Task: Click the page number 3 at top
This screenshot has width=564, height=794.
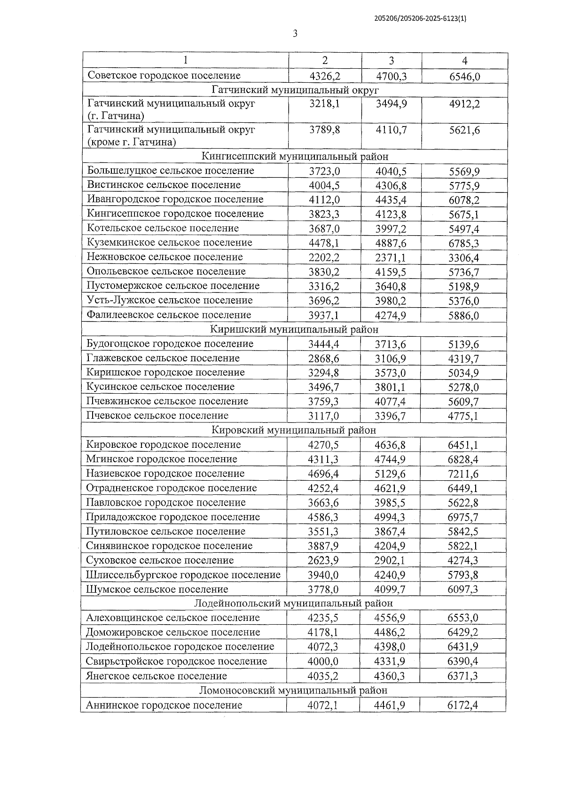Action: (x=295, y=33)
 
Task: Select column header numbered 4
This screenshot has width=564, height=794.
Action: (x=464, y=61)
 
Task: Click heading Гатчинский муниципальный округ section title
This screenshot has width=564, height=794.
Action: (x=295, y=90)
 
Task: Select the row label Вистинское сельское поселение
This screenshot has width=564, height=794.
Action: (x=164, y=185)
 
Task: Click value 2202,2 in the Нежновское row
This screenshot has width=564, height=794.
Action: (x=324, y=258)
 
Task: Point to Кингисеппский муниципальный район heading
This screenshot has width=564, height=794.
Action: (x=295, y=157)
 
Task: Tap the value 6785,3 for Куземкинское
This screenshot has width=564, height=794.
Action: (x=464, y=244)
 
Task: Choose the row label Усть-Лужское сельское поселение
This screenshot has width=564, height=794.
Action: (x=170, y=300)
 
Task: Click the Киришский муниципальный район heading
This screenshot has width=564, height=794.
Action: (x=294, y=330)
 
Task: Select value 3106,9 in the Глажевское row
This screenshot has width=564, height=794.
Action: (x=390, y=359)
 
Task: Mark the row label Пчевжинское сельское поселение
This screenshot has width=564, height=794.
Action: (x=167, y=401)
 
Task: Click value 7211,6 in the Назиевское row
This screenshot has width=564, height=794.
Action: (x=463, y=474)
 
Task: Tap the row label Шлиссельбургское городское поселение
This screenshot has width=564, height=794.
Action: (x=183, y=575)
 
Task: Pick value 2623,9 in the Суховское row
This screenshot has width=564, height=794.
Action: (x=323, y=561)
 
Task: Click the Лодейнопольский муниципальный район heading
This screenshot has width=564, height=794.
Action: (x=294, y=603)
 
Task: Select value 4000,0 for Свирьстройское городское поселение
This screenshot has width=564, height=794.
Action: (x=323, y=662)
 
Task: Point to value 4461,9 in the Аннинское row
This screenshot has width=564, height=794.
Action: (x=390, y=706)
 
